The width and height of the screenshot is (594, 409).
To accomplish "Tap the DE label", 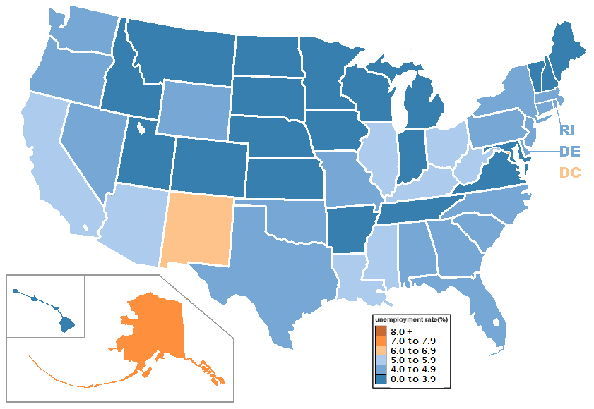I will (569, 151).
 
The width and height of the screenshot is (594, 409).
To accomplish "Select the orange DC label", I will (569, 172).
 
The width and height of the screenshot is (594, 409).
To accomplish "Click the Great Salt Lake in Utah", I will (142, 128).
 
